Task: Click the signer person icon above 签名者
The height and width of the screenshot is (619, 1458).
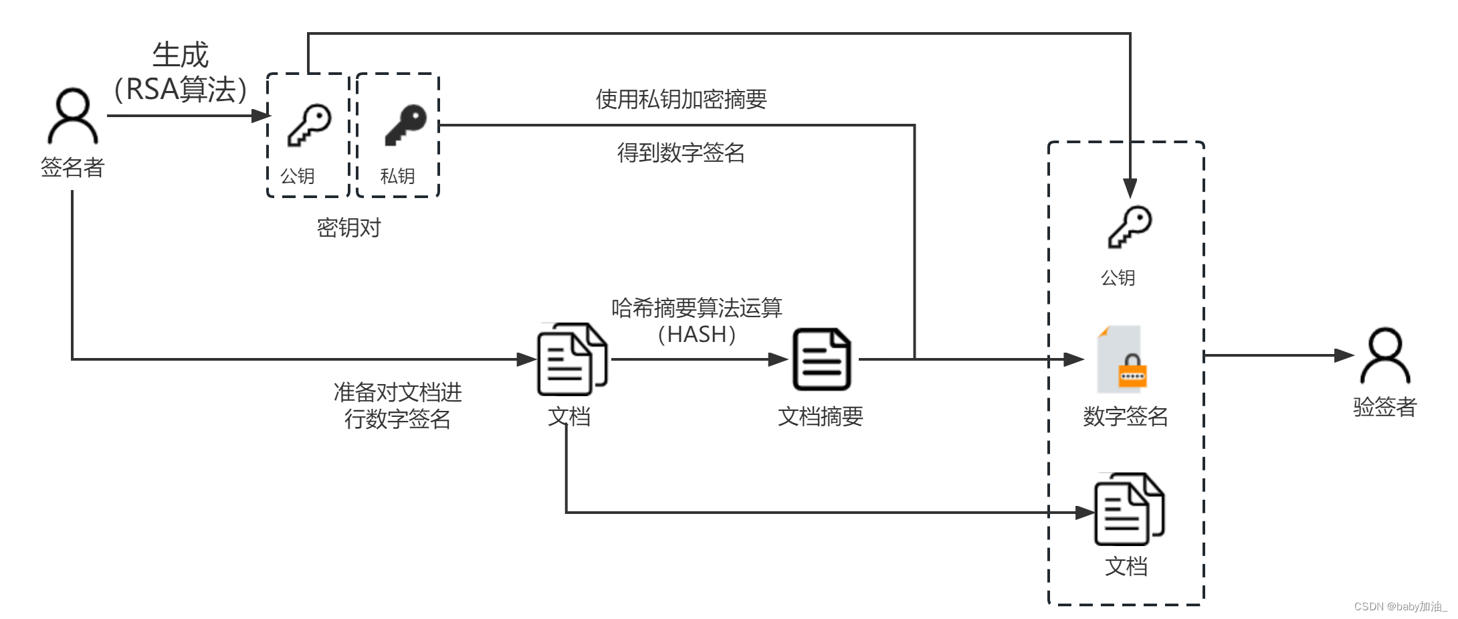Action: click(x=72, y=116)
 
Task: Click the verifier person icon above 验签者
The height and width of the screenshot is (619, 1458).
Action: click(x=1384, y=356)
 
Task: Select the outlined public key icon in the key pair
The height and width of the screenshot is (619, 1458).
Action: click(x=309, y=125)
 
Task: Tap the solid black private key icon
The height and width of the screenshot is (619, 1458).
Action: click(x=405, y=125)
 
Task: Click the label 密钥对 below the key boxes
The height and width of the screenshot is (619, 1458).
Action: click(x=348, y=228)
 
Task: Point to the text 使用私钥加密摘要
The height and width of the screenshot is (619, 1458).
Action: click(x=681, y=100)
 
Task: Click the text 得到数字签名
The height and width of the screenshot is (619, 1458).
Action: click(x=680, y=153)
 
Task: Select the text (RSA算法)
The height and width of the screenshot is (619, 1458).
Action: click(x=181, y=90)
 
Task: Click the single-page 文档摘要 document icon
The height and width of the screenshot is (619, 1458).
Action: click(x=821, y=359)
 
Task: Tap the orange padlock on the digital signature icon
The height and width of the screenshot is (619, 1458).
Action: click(x=1132, y=372)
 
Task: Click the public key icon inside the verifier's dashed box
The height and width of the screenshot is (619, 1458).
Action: click(x=1130, y=228)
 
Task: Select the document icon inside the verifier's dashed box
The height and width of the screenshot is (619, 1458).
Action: click(x=1129, y=510)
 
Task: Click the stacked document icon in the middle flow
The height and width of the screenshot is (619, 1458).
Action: click(x=572, y=359)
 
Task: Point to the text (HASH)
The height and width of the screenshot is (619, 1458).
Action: click(x=696, y=334)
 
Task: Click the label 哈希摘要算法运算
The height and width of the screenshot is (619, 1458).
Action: click(x=696, y=308)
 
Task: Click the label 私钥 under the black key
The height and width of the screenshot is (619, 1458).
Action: click(x=397, y=176)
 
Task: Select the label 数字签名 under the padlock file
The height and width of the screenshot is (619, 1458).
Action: click(x=1125, y=416)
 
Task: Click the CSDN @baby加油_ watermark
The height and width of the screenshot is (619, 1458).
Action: click(x=1400, y=606)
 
